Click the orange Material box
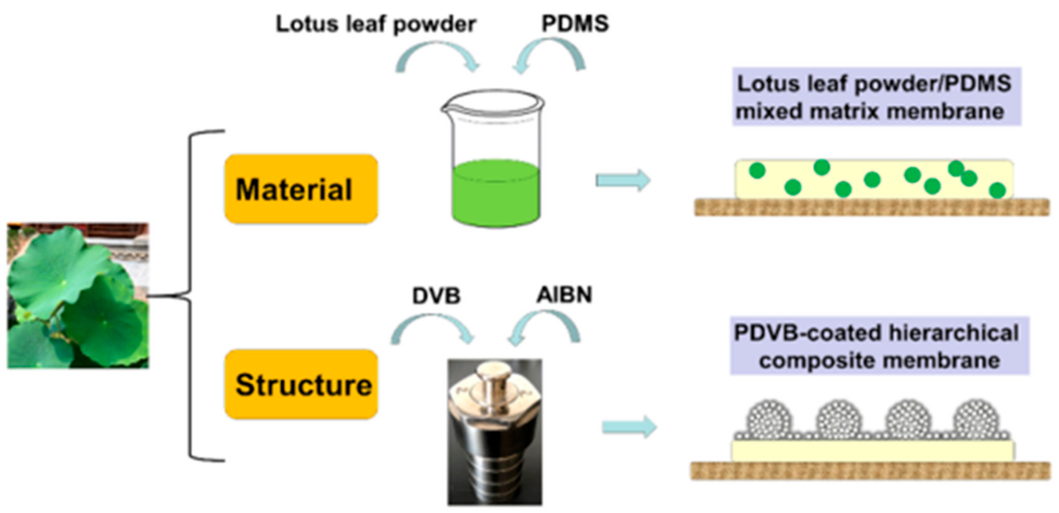point(301,189)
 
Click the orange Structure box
point(301,384)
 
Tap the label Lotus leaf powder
point(375,24)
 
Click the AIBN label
point(564,294)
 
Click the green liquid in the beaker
point(495,193)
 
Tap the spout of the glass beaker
point(446,109)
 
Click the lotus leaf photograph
point(78,296)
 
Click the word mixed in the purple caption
point(769,112)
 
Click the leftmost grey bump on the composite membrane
point(769,419)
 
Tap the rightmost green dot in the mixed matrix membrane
point(997,190)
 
